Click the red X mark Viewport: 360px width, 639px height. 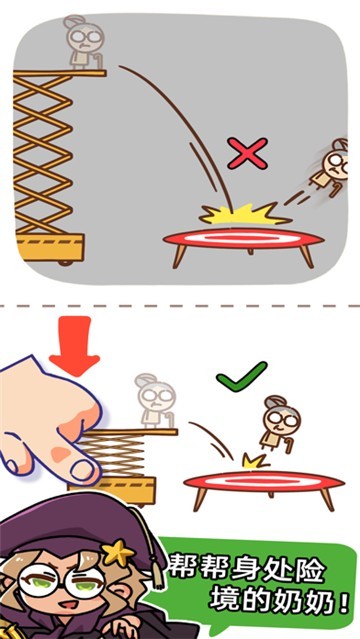247,153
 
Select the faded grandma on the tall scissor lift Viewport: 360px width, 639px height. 84,42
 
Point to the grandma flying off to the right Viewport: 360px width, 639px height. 331,167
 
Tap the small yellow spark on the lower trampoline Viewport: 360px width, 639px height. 255,461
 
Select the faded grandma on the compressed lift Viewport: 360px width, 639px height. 156,401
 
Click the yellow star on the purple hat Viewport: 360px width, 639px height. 118,552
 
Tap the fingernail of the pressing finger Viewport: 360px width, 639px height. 84,469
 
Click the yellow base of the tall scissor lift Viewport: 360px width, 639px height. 50,247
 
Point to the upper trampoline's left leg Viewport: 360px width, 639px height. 179,256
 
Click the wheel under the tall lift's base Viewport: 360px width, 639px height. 65,263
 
